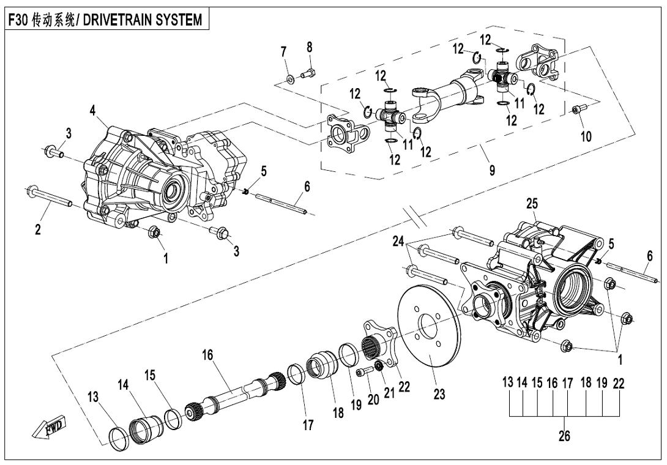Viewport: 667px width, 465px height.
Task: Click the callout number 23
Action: [439, 395]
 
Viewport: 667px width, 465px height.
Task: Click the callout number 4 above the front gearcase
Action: [92, 111]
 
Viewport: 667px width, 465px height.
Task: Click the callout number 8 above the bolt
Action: [310, 47]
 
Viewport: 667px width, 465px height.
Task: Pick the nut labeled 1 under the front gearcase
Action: [154, 232]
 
